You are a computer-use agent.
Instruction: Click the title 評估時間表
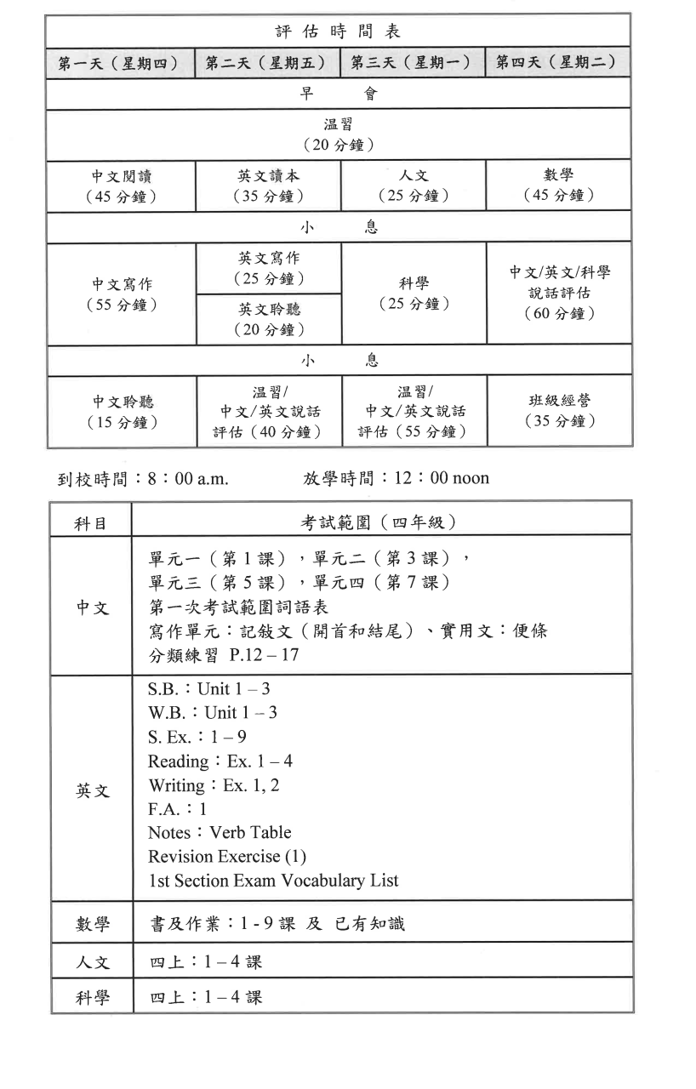(x=338, y=31)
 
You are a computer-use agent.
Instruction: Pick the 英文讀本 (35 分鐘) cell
(x=268, y=185)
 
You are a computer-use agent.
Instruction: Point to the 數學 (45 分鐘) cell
(x=558, y=185)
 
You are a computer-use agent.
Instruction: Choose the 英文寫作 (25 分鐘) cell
(x=268, y=267)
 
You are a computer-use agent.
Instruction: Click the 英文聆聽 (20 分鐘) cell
(x=268, y=319)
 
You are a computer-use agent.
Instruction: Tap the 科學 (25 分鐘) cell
(x=414, y=294)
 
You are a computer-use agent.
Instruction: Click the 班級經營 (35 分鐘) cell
(x=558, y=410)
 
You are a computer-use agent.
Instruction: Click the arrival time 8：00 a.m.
(x=186, y=478)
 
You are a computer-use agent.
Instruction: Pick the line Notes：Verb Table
(x=219, y=832)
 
